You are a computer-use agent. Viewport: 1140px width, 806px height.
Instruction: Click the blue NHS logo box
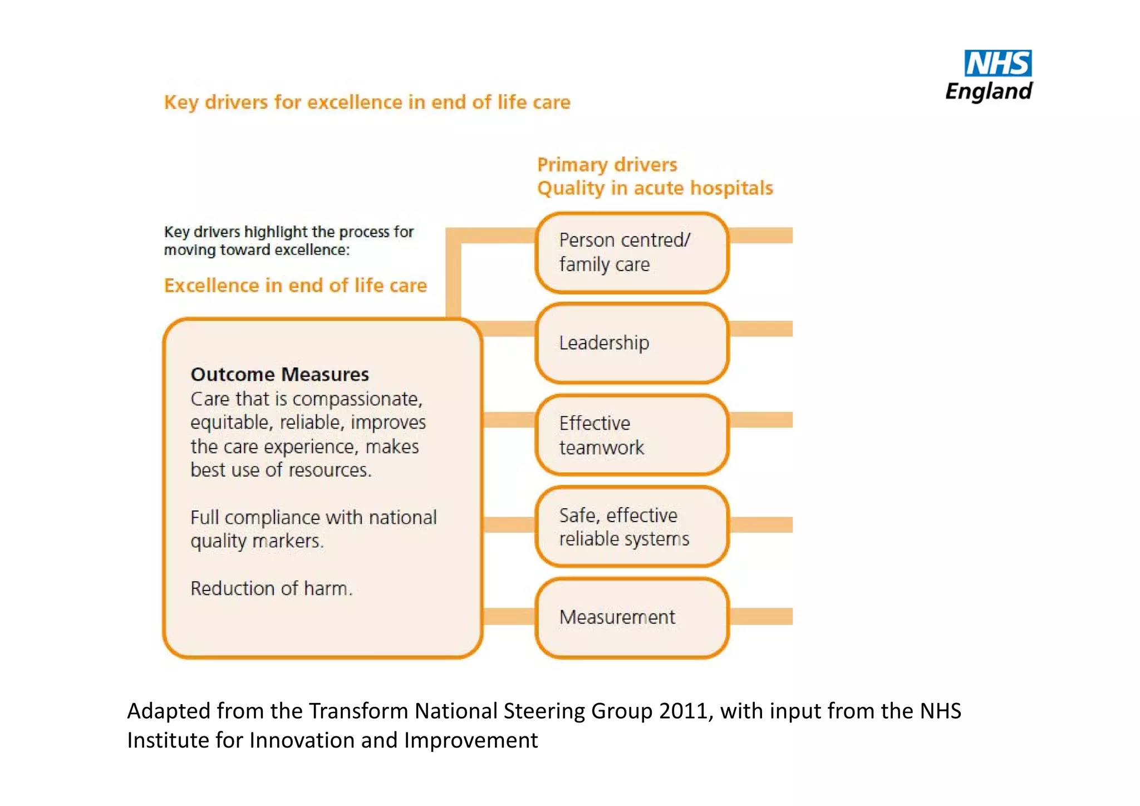coord(997,63)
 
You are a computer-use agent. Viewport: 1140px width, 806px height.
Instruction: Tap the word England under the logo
coord(989,91)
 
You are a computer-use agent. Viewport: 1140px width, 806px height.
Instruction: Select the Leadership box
coord(632,343)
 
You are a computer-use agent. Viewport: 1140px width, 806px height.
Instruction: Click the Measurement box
coord(632,617)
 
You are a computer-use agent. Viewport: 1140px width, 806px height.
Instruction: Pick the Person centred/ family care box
coord(632,252)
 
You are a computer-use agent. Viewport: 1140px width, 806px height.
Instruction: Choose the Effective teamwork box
coord(632,435)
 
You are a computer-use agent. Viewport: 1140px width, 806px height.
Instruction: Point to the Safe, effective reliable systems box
coord(632,527)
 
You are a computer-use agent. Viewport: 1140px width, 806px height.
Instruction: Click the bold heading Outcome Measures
coord(279,374)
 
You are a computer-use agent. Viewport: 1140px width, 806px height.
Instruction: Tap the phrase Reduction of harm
coord(271,588)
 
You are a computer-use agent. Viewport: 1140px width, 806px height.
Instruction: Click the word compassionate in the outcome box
coord(356,399)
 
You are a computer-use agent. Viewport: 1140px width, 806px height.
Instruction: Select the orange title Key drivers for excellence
coord(367,102)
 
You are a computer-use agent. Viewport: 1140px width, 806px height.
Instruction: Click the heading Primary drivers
coord(607,165)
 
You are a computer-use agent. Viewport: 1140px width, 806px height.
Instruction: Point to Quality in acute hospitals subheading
coord(655,188)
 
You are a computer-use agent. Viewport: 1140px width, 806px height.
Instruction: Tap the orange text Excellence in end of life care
coord(295,286)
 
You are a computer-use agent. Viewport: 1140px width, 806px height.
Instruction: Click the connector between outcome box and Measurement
coord(509,616)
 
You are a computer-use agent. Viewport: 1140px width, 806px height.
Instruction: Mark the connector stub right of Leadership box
coord(761,328)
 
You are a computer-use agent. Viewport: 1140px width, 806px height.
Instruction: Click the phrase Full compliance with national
coord(313,518)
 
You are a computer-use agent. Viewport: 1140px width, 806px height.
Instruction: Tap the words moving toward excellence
coord(256,250)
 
